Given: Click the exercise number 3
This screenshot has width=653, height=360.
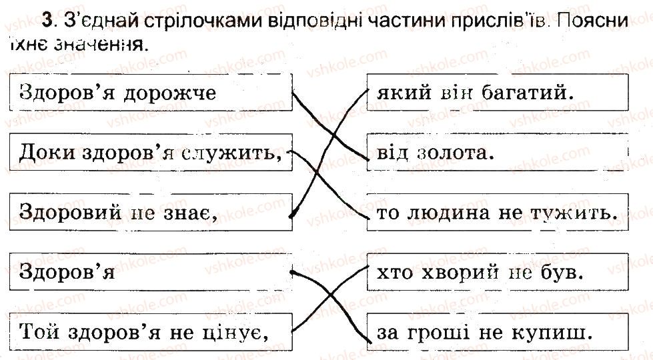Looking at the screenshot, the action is click(47, 21).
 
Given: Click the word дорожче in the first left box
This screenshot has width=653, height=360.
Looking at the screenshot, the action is click(170, 93).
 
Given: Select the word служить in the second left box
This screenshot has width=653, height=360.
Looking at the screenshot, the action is click(229, 153).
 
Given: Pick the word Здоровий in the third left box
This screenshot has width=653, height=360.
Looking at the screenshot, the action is click(70, 212).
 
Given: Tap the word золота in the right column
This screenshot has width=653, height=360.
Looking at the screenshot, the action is click(456, 153).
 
